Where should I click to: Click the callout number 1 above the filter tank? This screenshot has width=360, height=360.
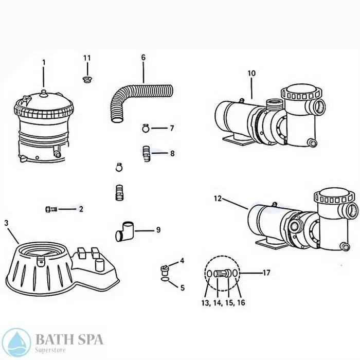point(44,62)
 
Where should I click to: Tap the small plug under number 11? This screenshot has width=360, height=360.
point(87,79)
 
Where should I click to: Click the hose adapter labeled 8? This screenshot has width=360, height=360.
point(146,153)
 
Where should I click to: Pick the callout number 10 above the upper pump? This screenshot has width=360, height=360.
point(251,74)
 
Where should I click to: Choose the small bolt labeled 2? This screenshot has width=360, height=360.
point(50,209)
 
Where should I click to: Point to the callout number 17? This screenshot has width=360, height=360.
point(266,273)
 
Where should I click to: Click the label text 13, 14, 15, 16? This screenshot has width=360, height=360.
point(223,303)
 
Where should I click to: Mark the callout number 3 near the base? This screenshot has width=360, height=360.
point(6,223)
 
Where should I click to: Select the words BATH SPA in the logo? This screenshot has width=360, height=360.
point(69,339)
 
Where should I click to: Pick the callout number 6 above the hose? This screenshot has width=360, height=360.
point(143,57)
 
